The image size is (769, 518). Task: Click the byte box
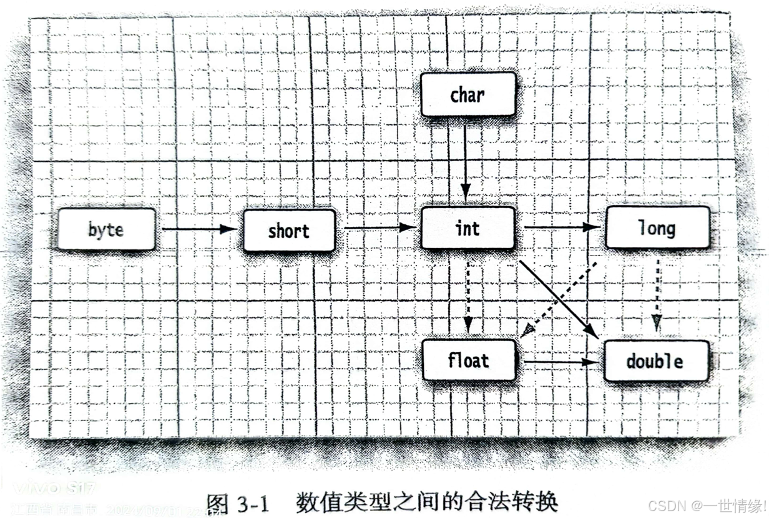[x=106, y=229]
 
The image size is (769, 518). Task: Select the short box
[x=289, y=231]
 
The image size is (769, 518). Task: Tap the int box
[x=468, y=228]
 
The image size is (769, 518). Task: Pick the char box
[x=468, y=94]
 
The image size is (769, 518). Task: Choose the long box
[x=657, y=228]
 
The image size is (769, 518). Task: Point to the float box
[x=469, y=361]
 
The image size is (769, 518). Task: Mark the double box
[x=656, y=361]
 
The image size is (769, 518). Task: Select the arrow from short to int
[x=378, y=227]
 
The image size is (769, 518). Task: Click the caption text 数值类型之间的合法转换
[x=426, y=502]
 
